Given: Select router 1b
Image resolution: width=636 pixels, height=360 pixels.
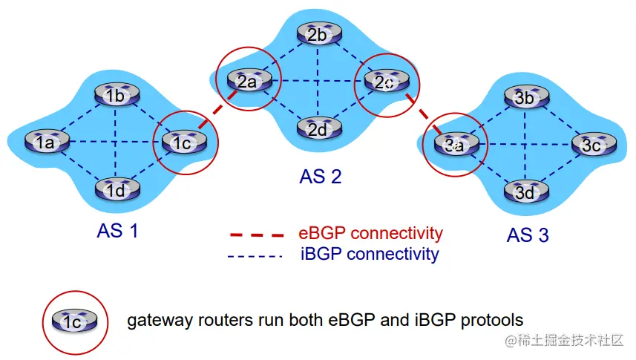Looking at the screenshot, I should (x=114, y=94).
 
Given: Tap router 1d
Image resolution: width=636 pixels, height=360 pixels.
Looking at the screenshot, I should (x=114, y=189).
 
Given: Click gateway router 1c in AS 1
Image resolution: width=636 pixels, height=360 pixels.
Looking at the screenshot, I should (x=182, y=142).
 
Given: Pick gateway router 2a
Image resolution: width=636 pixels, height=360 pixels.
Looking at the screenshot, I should (x=247, y=80).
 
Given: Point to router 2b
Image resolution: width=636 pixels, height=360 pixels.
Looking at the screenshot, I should (x=317, y=34).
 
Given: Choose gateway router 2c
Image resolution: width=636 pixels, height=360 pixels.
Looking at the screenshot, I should (x=384, y=82).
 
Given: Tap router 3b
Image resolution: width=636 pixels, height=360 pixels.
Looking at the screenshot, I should (x=524, y=97).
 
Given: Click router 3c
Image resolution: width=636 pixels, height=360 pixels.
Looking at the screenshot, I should (x=591, y=145).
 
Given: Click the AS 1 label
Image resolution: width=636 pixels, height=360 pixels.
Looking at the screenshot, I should (x=117, y=231).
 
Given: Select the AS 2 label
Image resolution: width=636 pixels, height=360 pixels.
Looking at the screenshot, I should (x=320, y=177).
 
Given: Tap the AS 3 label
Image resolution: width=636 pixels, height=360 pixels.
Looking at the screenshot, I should (x=528, y=235).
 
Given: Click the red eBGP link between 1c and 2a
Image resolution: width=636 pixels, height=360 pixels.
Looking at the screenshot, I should (x=214, y=113).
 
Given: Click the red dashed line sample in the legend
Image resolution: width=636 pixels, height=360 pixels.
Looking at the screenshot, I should (x=256, y=235).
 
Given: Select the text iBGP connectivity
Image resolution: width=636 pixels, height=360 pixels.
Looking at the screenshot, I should (x=370, y=254).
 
